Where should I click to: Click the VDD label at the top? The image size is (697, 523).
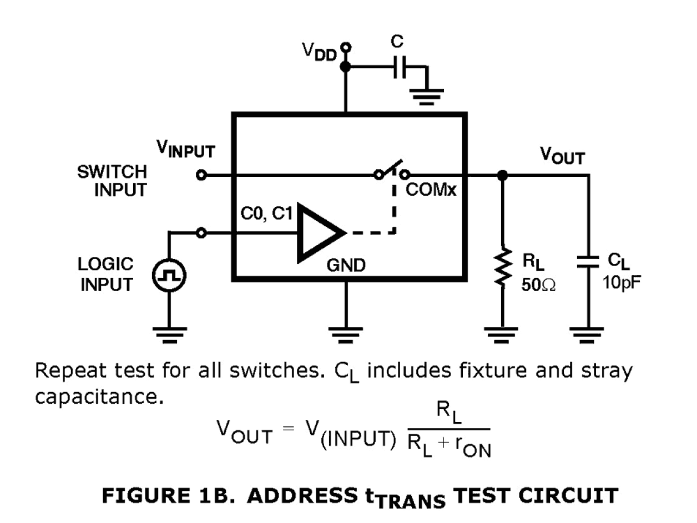click(x=319, y=53)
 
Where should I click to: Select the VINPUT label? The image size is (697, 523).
click(x=185, y=150)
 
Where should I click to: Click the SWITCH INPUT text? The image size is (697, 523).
click(x=113, y=181)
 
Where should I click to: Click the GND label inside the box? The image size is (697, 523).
click(x=345, y=266)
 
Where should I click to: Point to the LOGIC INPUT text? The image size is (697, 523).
click(x=107, y=275)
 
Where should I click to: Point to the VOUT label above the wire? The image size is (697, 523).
click(x=562, y=157)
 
